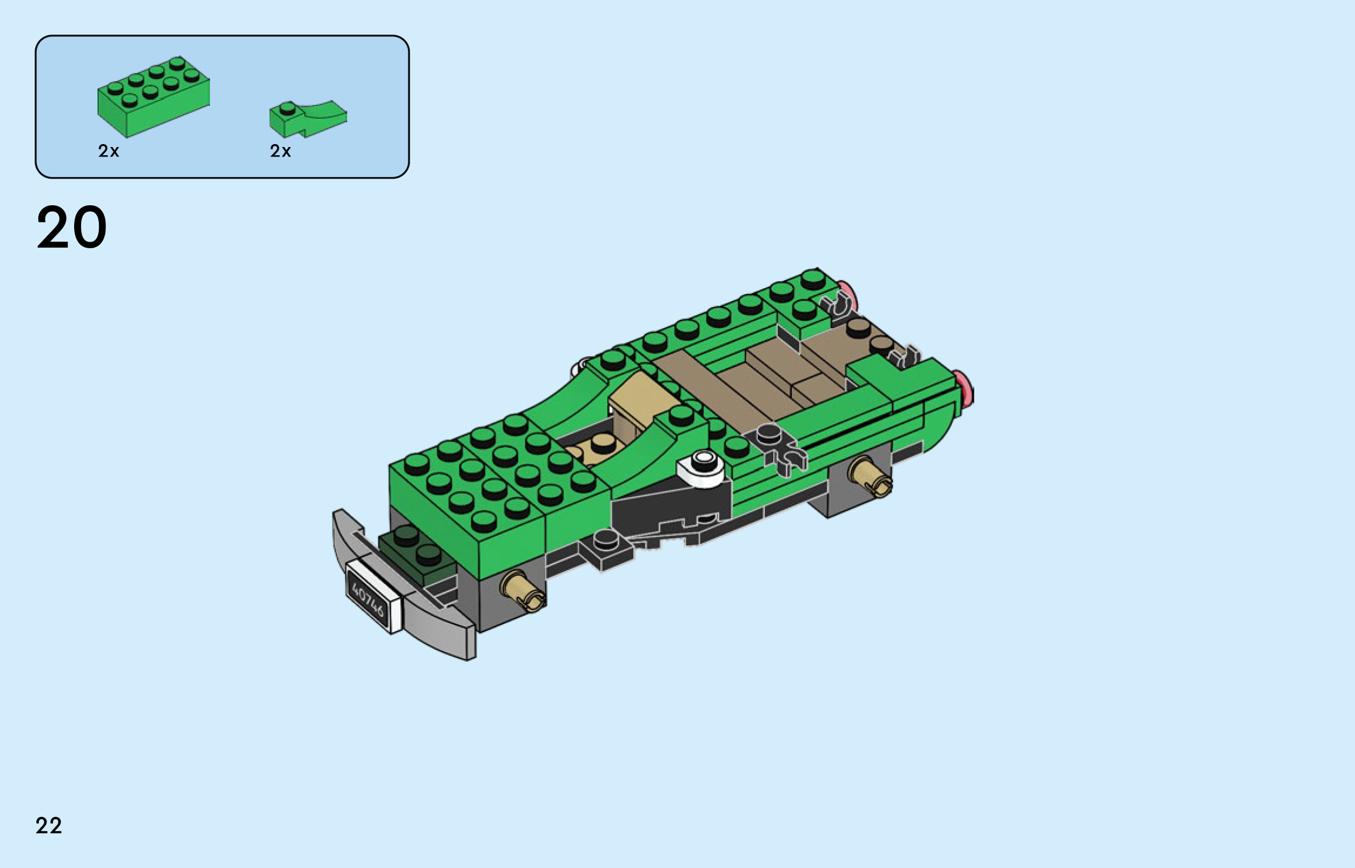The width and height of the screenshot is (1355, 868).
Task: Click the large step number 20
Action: pos(72,227)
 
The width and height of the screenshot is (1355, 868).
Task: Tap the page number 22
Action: pos(49,826)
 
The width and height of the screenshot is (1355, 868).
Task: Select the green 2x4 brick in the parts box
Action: pos(154,96)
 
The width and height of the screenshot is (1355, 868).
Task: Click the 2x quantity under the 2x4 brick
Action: pos(109,151)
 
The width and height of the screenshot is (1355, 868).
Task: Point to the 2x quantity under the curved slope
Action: pos(281,151)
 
